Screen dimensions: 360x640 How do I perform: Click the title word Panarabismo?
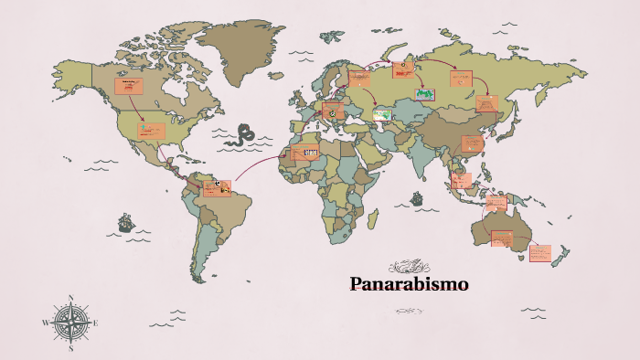pyautogui.click(x=409, y=284)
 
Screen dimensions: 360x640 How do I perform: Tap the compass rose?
pyautogui.click(x=70, y=323)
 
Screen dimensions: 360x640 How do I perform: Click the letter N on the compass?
pyautogui.click(x=70, y=298)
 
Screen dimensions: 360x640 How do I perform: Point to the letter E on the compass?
pyautogui.click(x=96, y=323)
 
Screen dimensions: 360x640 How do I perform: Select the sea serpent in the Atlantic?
pyautogui.click(x=243, y=135)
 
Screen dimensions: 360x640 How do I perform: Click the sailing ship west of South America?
pyautogui.click(x=123, y=223)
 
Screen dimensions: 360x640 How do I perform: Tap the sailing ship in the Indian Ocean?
pyautogui.click(x=417, y=197)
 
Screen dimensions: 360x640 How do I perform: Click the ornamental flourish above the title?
pyautogui.click(x=409, y=266)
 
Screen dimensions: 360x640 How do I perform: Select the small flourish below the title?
pyautogui.click(x=409, y=311)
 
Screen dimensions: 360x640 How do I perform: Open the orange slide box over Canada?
pyautogui.click(x=130, y=87)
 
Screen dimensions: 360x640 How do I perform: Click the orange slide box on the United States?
pyautogui.click(x=151, y=131)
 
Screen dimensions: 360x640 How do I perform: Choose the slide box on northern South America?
pyautogui.click(x=217, y=187)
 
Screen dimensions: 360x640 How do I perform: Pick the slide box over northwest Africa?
pyautogui.click(x=305, y=152)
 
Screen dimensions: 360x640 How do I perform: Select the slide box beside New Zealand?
pyautogui.click(x=540, y=251)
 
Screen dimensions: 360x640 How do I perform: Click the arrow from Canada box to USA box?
pyautogui.click(x=138, y=109)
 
